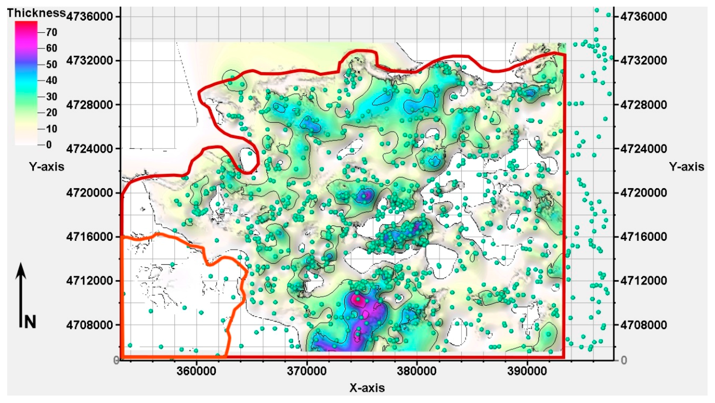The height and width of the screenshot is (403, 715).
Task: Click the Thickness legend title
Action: coord(36,13)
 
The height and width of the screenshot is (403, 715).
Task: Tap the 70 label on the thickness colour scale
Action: coord(51,32)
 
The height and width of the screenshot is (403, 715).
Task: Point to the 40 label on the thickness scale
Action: coord(51,80)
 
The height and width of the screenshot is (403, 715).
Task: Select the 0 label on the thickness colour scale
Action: coord(49,145)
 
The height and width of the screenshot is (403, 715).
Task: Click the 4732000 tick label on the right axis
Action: coord(644,60)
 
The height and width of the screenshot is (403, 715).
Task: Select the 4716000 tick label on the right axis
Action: coord(644,237)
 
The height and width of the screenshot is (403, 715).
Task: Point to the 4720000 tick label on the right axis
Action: coord(644,192)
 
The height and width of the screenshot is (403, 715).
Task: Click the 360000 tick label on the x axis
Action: coord(196,371)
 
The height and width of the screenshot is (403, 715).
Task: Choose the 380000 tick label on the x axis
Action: coord(416,371)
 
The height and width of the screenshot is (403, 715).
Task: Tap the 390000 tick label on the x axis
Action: coord(527,371)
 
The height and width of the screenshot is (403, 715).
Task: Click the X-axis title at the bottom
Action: coord(367,387)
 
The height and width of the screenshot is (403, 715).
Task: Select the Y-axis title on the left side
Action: coord(47,167)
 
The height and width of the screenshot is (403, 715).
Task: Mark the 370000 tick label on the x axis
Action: coord(307,371)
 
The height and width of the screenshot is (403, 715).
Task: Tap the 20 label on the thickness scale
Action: coord(51,113)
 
